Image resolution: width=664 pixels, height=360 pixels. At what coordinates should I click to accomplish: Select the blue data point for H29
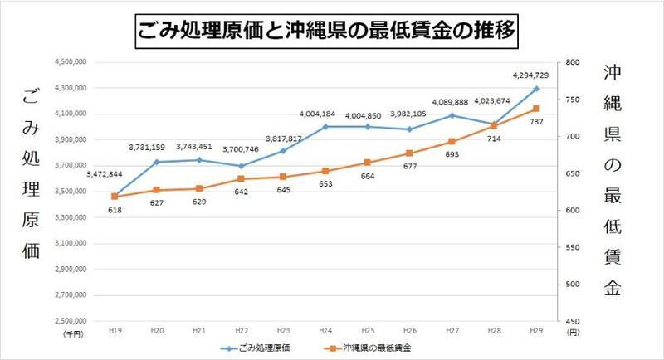[x=536, y=88]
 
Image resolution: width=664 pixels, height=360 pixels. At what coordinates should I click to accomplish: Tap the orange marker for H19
[x=114, y=197]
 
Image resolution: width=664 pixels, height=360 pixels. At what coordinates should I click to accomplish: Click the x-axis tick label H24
[x=325, y=331]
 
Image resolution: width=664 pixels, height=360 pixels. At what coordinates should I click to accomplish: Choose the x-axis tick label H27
[x=452, y=331]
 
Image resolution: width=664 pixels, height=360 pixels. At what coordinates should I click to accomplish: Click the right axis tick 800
[x=573, y=62]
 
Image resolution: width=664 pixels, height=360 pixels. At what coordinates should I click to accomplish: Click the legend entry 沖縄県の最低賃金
[x=378, y=347]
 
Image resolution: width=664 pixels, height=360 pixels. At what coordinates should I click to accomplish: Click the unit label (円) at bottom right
[x=572, y=332]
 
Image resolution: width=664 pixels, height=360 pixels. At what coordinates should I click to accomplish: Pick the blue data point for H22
[x=241, y=166]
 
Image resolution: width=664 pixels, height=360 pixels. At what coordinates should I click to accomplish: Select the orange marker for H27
[x=452, y=142]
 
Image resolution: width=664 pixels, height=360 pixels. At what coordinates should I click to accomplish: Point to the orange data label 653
[x=325, y=183]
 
